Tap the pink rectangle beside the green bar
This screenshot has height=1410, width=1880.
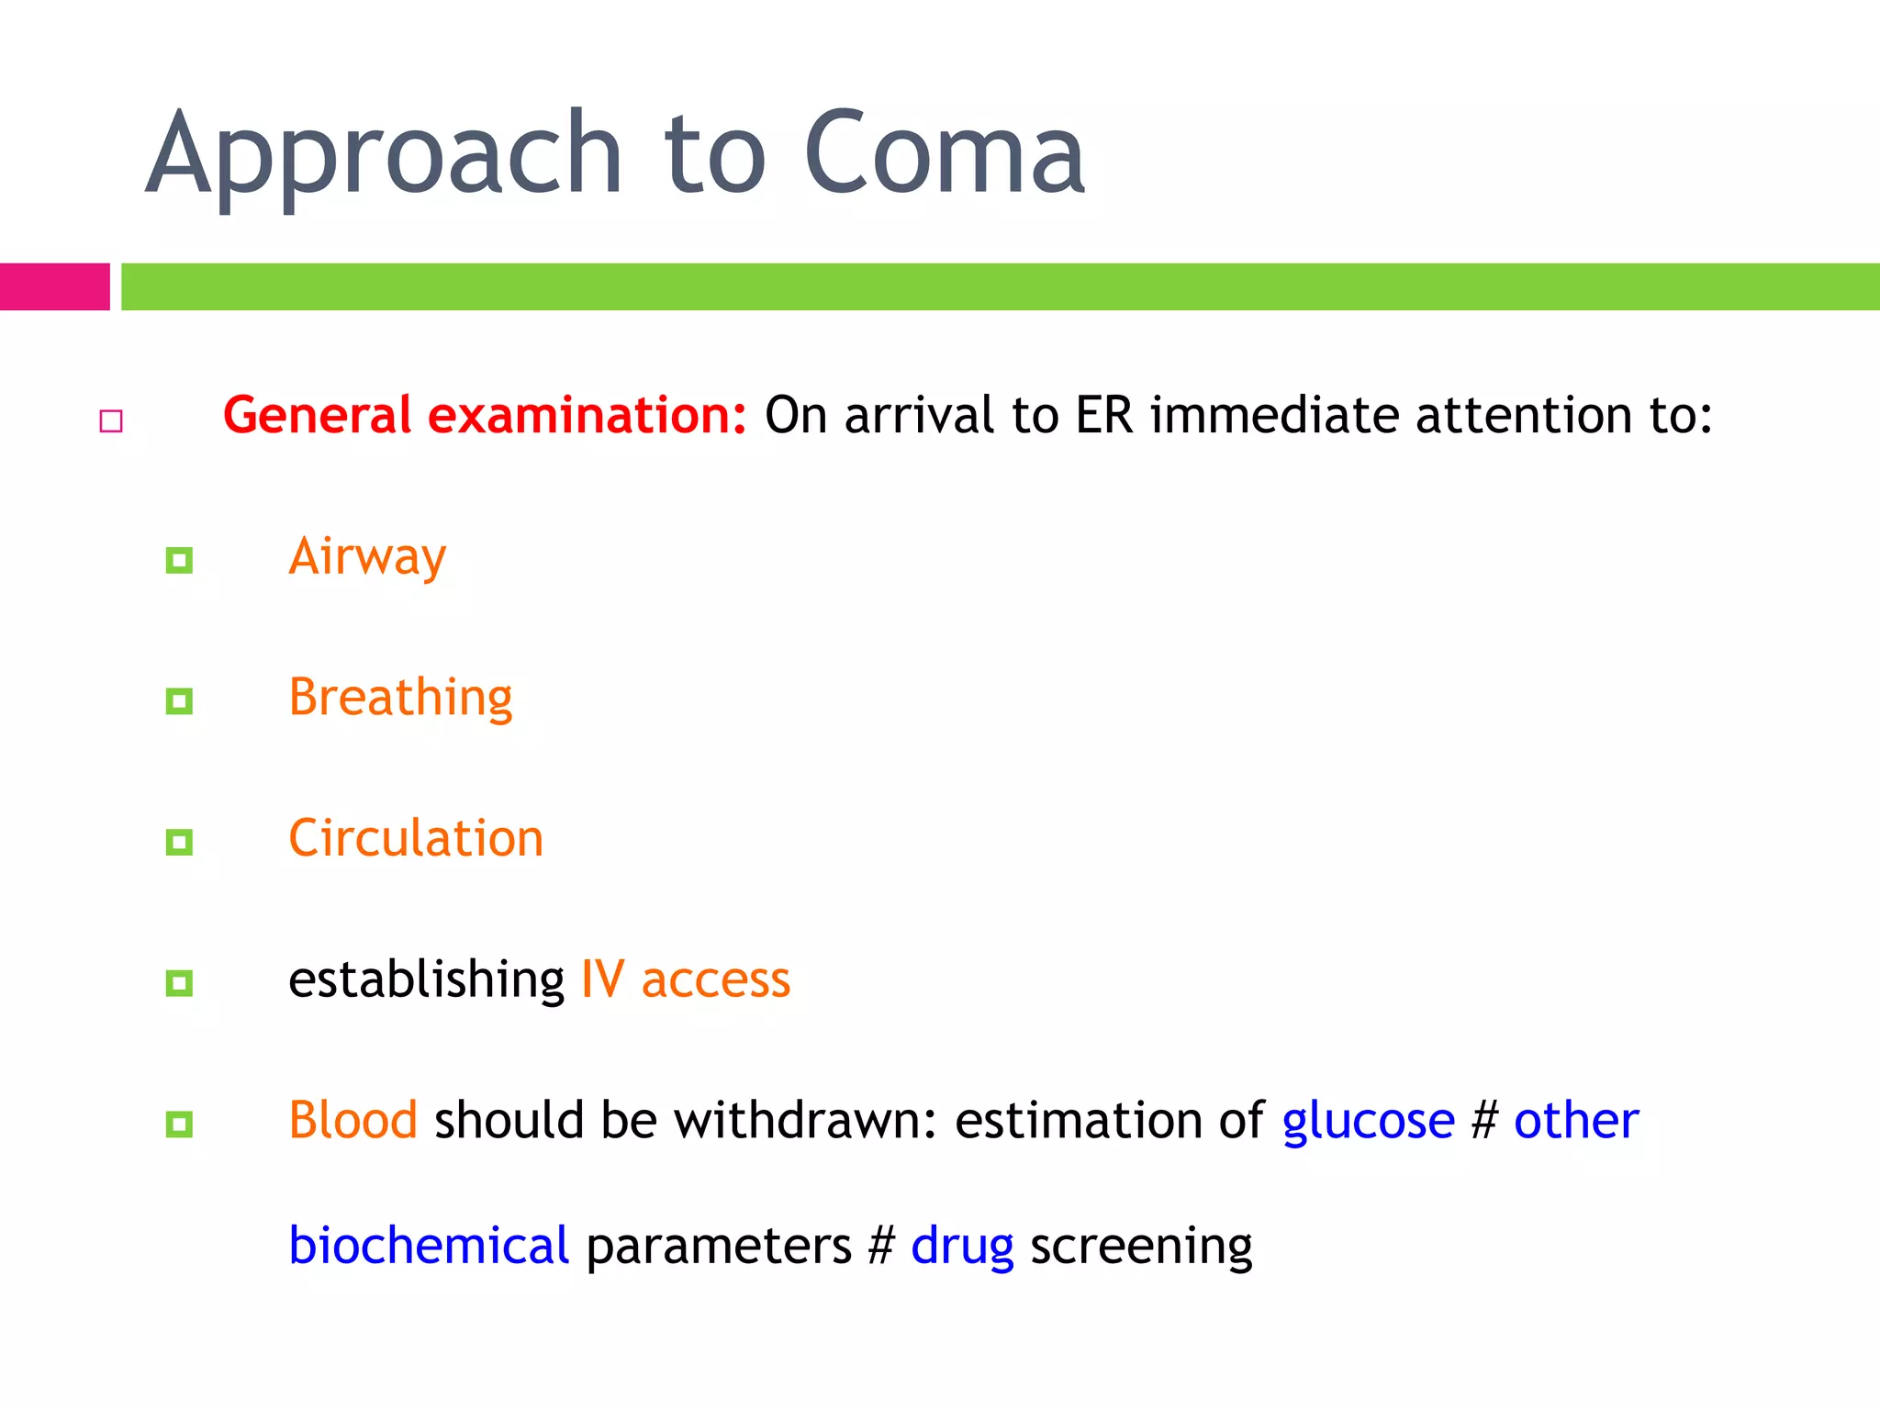click(54, 286)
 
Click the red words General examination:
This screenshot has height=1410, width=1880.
click(485, 415)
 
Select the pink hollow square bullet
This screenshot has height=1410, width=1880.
click(111, 421)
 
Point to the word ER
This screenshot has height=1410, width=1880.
click(1103, 415)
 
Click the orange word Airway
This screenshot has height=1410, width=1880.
click(367, 556)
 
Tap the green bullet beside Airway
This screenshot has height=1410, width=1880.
click(179, 560)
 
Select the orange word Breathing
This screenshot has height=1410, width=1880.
click(400, 698)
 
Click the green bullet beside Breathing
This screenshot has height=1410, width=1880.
click(179, 701)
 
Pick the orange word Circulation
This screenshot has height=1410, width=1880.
click(416, 838)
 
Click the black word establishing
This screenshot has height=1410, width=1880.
click(426, 979)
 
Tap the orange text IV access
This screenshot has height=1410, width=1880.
click(685, 979)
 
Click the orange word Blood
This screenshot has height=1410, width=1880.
click(352, 1120)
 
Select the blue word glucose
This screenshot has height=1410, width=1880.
click(1368, 1122)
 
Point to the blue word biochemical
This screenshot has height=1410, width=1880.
click(429, 1246)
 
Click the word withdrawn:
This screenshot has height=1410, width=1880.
click(805, 1120)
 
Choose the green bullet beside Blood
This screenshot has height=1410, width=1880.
click(179, 1124)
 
